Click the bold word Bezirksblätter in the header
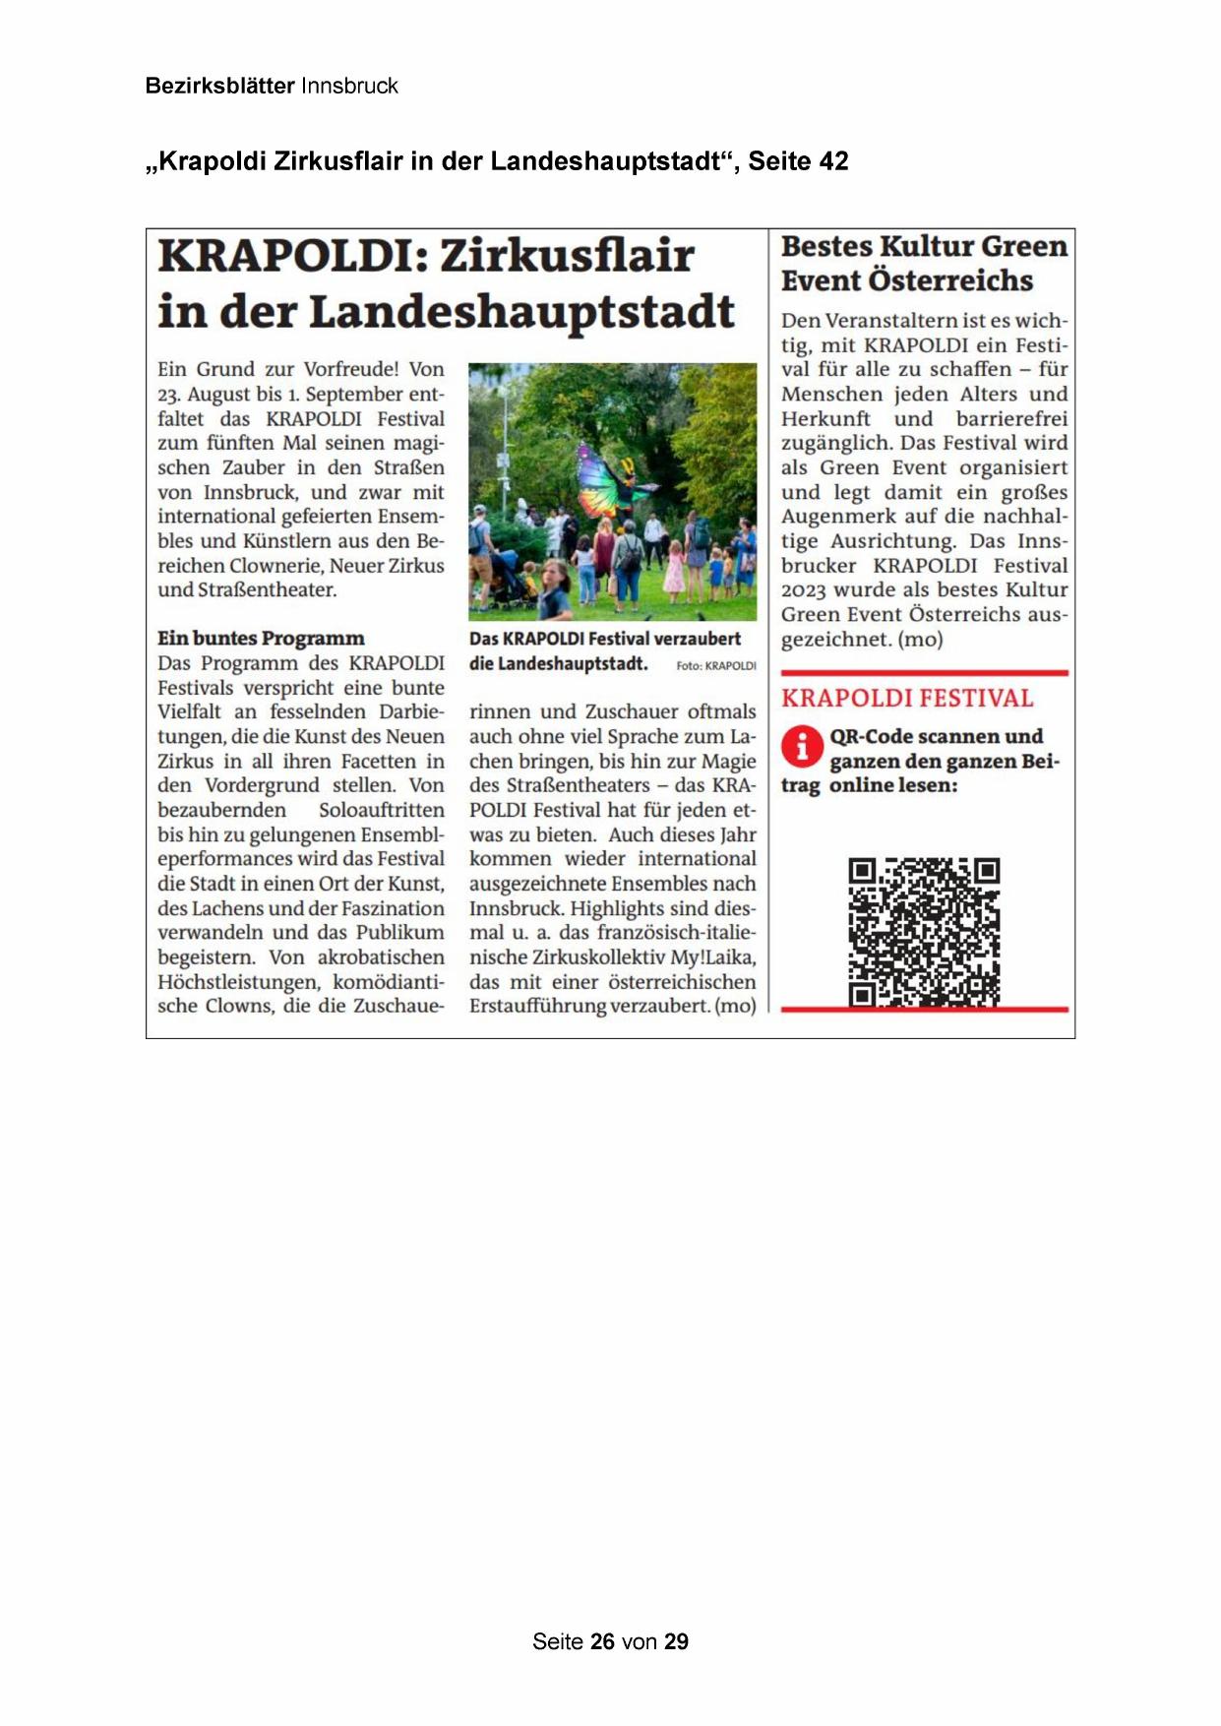tap(219, 86)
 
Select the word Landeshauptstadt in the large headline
tap(521, 312)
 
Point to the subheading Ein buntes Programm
tap(261, 639)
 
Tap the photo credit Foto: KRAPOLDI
tap(715, 666)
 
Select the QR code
tap(924, 931)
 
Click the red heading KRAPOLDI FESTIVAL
tap(907, 699)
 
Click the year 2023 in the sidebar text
tap(804, 590)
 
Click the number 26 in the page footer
tap(602, 1641)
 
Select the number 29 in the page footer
tap(677, 1641)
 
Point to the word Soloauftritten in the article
tap(381, 810)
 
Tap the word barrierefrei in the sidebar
tap(1011, 419)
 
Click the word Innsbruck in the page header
tap(349, 86)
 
